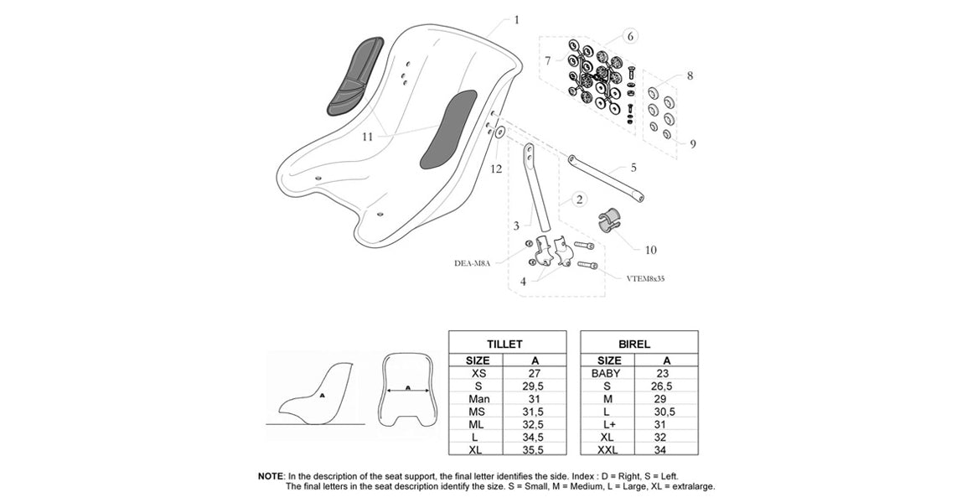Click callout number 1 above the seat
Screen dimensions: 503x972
[516, 19]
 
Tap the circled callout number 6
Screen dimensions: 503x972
[630, 36]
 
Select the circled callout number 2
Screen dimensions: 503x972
[578, 200]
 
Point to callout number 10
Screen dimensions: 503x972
[651, 250]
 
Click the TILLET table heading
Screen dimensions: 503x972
[504, 344]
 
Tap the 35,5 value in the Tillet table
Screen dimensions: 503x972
[535, 449]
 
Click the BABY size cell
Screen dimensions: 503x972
[606, 373]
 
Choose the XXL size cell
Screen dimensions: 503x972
[607, 449]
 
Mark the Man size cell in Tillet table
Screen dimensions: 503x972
[479, 399]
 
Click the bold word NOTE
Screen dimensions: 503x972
[271, 475]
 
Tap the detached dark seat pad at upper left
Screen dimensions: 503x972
[354, 75]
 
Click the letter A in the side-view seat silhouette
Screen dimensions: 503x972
[322, 393]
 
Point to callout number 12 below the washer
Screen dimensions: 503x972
[496, 169]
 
